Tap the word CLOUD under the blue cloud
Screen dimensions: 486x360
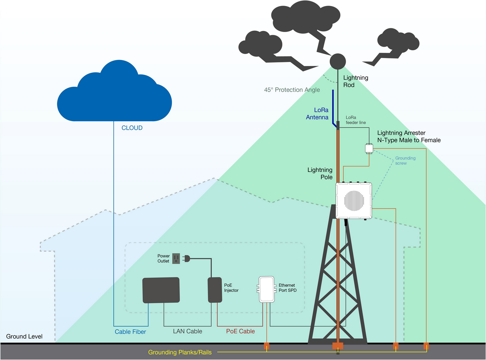tap(132, 128)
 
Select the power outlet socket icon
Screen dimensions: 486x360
tap(176, 259)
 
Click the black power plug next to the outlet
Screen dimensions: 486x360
tap(186, 259)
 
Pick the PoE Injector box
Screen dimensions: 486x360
tap(215, 290)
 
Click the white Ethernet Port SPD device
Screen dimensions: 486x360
tap(266, 289)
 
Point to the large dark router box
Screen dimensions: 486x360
tap(161, 290)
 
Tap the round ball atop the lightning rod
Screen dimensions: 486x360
tap(338, 61)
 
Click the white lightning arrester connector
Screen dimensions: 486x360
tap(369, 149)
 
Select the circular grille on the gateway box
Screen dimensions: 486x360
tap(354, 200)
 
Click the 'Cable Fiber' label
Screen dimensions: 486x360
tap(130, 332)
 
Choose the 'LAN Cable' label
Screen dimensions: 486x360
tap(188, 331)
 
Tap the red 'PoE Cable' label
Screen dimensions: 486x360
tap(240, 331)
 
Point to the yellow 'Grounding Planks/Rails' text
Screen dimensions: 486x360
tap(180, 352)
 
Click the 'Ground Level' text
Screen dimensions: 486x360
tap(24, 336)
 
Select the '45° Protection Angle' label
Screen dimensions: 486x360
tap(292, 90)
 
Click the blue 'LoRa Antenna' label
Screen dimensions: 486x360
tap(317, 113)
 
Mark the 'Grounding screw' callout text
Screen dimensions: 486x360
tap(405, 161)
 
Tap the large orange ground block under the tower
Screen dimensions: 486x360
tap(338, 346)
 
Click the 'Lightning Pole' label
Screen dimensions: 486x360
tap(320, 173)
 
